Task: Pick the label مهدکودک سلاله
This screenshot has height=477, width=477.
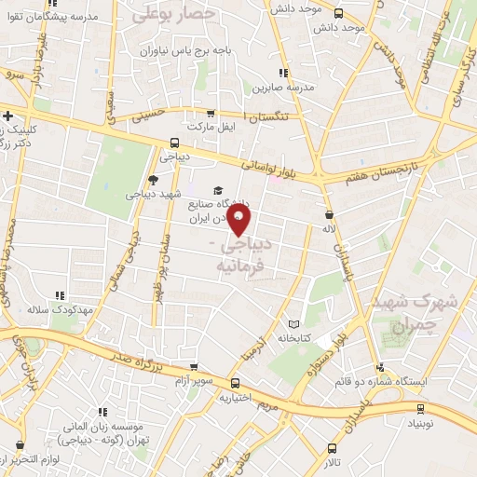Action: pyautogui.click(x=50, y=308)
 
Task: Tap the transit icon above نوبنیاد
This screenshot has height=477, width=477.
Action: pyautogui.click(x=419, y=408)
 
